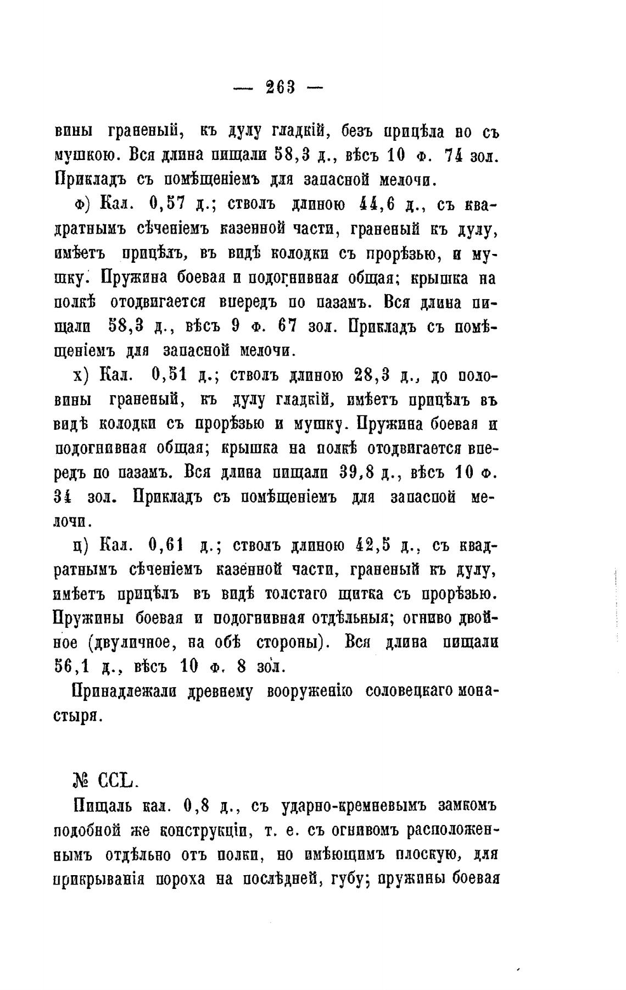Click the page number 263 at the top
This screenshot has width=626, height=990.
(x=280, y=87)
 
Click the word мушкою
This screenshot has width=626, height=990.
(x=87, y=156)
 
